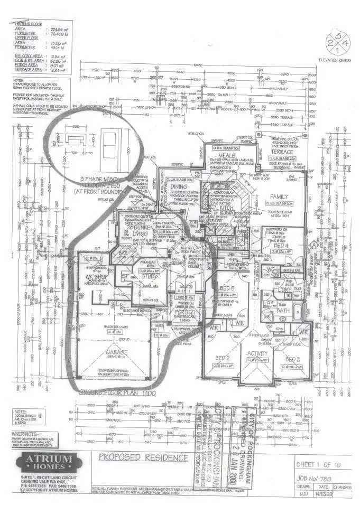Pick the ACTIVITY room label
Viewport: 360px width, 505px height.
tap(257, 352)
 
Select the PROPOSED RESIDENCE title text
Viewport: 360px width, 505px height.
tap(144, 457)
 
